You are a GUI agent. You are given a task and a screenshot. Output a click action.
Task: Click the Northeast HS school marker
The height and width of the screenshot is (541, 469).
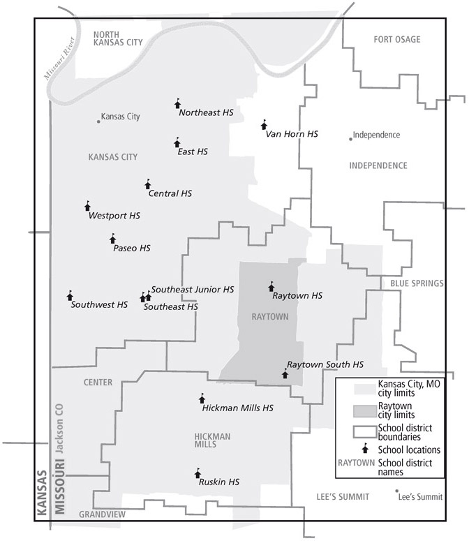(177, 104)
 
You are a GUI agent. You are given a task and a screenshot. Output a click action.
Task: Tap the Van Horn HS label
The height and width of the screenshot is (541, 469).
(292, 133)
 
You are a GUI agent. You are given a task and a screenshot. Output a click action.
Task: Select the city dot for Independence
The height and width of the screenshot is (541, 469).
(350, 138)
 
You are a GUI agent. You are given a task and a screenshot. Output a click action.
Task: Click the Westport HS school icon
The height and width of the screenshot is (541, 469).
(87, 206)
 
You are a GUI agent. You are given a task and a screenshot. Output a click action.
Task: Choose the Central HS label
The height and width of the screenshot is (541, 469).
(170, 193)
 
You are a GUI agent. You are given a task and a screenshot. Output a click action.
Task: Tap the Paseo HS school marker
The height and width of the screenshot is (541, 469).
(112, 239)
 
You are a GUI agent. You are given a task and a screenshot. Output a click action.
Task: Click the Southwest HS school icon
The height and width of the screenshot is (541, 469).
(70, 296)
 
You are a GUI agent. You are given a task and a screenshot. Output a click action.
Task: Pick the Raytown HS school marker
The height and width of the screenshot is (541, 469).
(271, 286)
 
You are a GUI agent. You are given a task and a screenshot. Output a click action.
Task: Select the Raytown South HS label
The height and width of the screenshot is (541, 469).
(325, 364)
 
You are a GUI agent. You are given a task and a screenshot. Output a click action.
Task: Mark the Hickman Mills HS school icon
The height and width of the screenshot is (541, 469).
(202, 398)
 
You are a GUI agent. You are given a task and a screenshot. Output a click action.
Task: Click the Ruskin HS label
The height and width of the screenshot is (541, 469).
(219, 482)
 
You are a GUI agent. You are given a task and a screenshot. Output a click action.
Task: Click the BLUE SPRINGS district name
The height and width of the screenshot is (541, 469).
(417, 283)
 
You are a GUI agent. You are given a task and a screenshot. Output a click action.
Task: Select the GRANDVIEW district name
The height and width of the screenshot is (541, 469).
(102, 514)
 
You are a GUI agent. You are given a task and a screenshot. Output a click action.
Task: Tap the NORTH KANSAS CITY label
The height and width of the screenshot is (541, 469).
(118, 38)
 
